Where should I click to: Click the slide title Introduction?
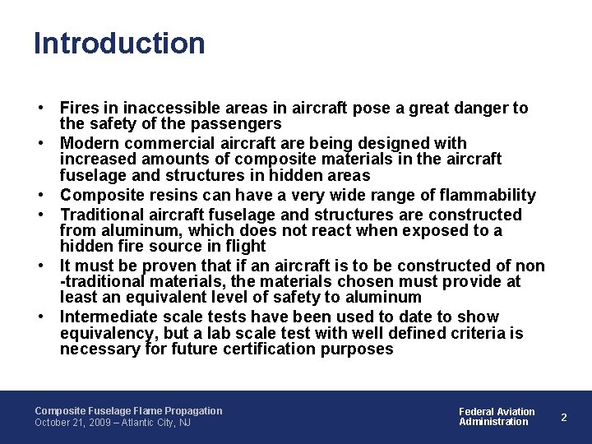coord(119,44)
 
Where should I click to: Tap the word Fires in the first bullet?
coord(80,108)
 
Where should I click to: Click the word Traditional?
coord(103,215)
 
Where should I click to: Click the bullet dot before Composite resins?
coord(39,196)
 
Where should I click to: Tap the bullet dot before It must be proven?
coord(39,266)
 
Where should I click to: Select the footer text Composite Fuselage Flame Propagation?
coord(128,410)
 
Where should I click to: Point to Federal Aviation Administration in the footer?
coord(496,417)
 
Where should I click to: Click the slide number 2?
coord(564,417)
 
